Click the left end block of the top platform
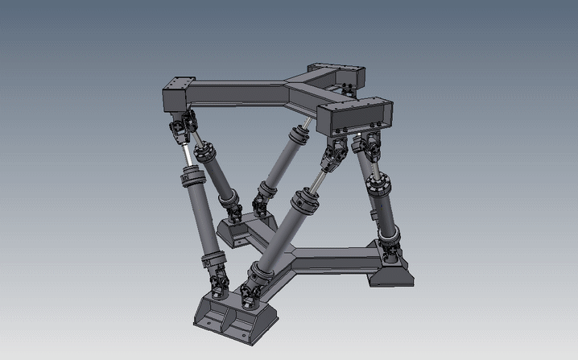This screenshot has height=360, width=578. (180, 95)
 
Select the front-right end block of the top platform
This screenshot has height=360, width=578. (355, 115)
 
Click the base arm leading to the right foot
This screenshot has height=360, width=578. (338, 258)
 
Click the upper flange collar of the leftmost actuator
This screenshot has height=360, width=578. (192, 172)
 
